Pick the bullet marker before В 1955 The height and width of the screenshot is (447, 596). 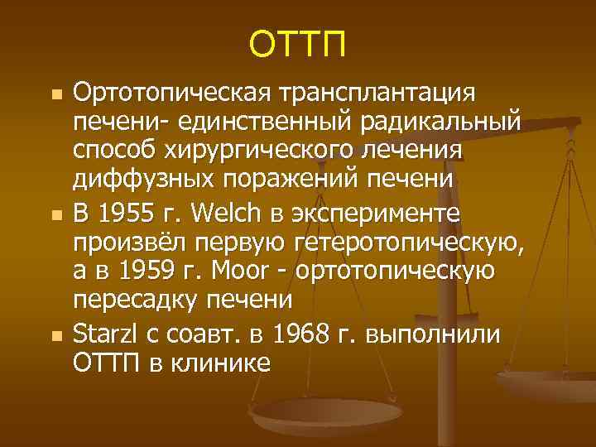click(56, 216)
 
